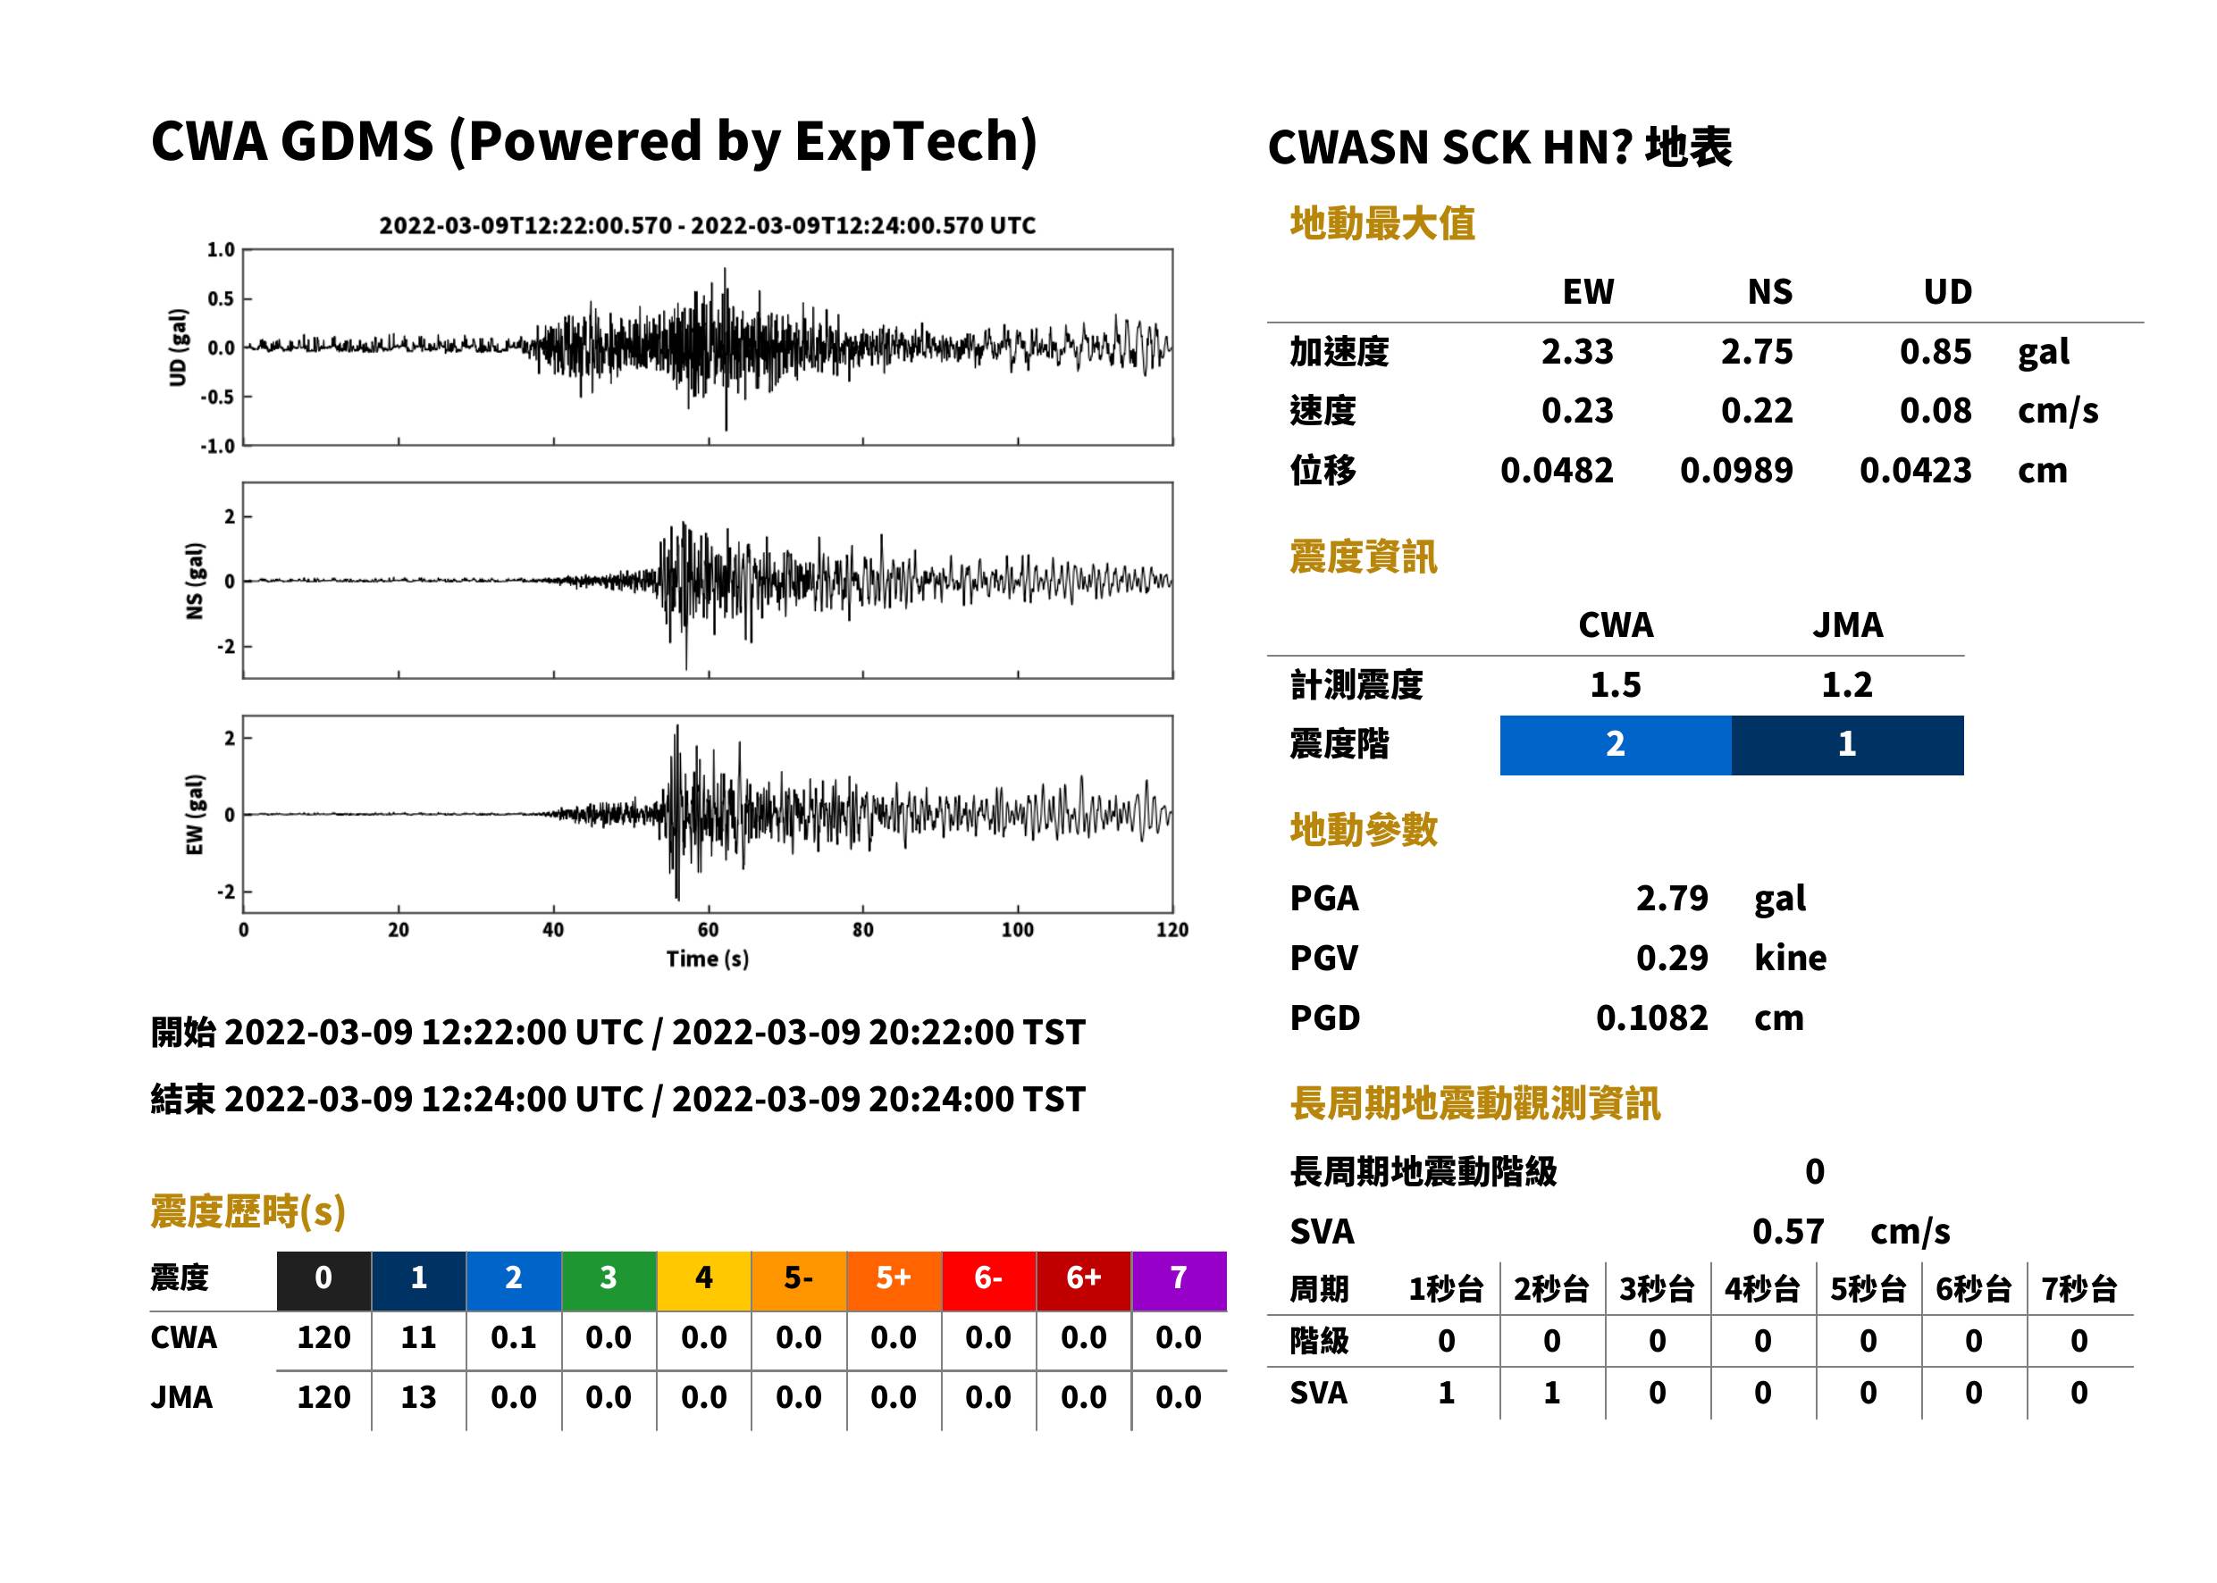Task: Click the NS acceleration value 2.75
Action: point(1756,352)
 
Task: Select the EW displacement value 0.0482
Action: point(1557,471)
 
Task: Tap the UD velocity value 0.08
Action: point(1936,411)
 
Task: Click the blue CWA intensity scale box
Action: point(1616,745)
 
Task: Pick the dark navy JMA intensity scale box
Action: point(1848,745)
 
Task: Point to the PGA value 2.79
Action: point(1672,898)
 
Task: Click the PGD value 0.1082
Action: point(1651,1018)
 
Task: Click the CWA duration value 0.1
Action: point(514,1337)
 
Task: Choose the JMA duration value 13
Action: point(418,1398)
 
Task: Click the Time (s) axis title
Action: point(708,959)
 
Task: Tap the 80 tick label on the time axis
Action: point(863,930)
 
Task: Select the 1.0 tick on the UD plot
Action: point(221,250)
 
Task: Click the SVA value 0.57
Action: point(1788,1232)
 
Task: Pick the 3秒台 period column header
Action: point(1657,1290)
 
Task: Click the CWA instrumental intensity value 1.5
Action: point(1616,685)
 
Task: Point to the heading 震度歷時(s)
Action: point(248,1211)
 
